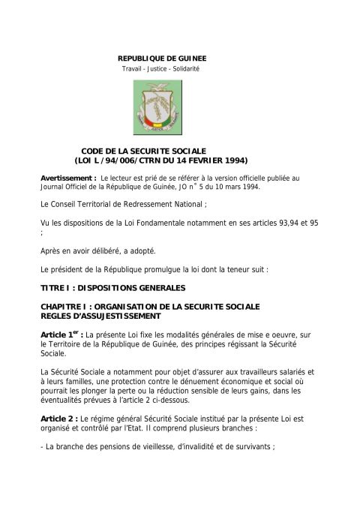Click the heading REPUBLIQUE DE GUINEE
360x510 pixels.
[163, 58]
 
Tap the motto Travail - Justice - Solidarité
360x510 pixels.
[160, 69]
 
